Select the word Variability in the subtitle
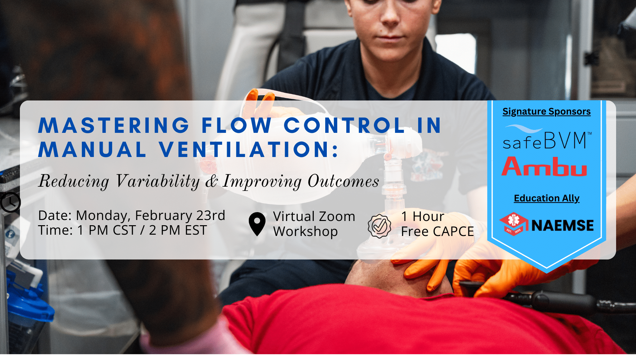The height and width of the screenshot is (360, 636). pyautogui.click(x=158, y=181)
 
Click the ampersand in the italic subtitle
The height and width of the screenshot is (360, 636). pyautogui.click(x=211, y=181)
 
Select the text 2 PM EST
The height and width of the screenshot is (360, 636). pyautogui.click(x=178, y=230)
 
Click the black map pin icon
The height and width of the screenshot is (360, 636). pyautogui.click(x=257, y=224)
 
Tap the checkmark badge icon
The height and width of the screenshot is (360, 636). pyautogui.click(x=379, y=226)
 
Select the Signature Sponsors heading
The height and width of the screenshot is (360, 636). pyautogui.click(x=547, y=112)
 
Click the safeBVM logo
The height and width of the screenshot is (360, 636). pyautogui.click(x=547, y=137)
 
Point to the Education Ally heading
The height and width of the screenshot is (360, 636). pyautogui.click(x=547, y=198)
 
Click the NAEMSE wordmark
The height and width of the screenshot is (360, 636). pyautogui.click(x=563, y=226)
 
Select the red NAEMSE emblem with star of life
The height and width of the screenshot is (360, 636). pyautogui.click(x=514, y=224)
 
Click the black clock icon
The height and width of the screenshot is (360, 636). pyautogui.click(x=10, y=202)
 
